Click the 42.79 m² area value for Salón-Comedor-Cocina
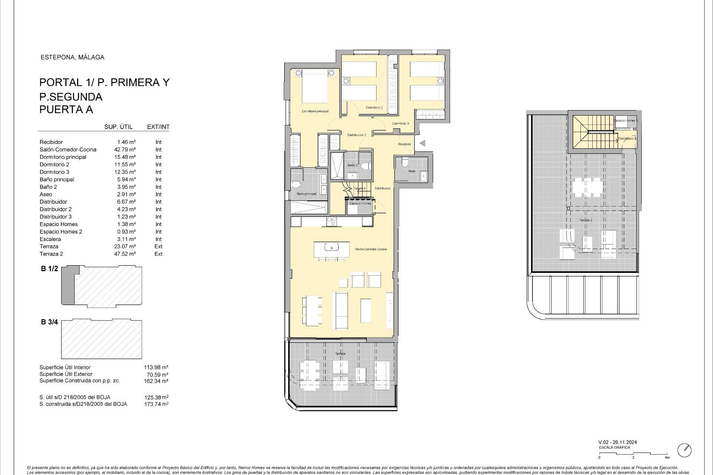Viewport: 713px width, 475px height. coord(125,150)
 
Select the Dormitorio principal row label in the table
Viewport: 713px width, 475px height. coord(63,157)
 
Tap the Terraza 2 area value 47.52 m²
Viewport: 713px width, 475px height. coord(125,254)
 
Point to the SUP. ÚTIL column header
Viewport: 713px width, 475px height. coord(118,127)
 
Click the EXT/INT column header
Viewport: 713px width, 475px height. coord(158,127)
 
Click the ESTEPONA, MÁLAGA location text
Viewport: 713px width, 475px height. coord(72,57)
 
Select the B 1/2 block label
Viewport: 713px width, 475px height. coord(49,269)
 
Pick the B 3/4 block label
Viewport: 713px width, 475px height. coord(49,322)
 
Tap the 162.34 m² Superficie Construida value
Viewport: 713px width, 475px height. coord(156,381)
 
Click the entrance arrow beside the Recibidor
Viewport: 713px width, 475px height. coord(422,143)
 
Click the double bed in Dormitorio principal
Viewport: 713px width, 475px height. coord(315,86)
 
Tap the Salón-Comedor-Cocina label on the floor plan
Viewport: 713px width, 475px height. coord(371,249)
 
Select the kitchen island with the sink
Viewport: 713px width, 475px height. coord(332,249)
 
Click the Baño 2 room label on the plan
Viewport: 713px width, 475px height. coord(352,165)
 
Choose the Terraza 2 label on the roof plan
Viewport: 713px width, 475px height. coord(586,220)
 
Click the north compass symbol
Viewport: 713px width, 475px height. coord(684,450)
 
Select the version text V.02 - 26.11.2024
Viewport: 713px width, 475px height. coord(618,442)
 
